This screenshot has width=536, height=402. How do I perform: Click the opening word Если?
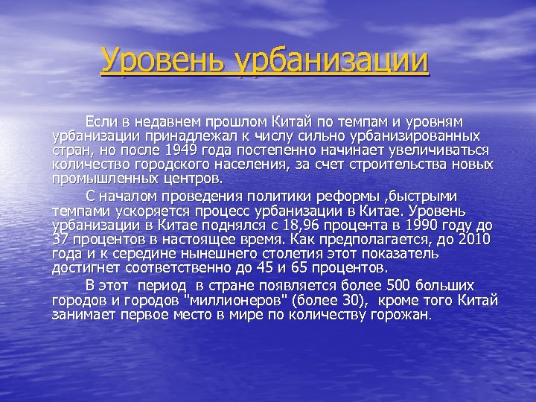coord(100,121)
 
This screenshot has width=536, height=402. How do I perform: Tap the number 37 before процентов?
coord(60,239)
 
